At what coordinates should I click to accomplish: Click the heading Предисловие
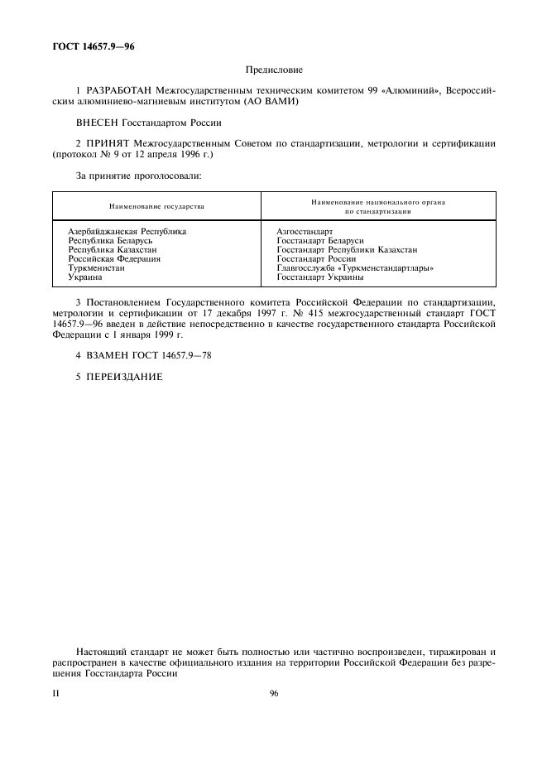click(274, 70)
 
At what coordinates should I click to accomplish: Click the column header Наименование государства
click(156, 206)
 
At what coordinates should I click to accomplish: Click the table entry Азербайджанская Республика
click(127, 232)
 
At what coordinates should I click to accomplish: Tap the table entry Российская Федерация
click(113, 259)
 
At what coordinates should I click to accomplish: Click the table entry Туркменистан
click(96, 268)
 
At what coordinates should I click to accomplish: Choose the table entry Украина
click(84, 277)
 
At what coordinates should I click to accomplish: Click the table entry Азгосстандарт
click(305, 232)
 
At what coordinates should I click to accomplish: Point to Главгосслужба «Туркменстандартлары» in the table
click(355, 268)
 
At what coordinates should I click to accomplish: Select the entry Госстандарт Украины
click(319, 277)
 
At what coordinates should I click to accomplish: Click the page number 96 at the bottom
click(274, 694)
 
